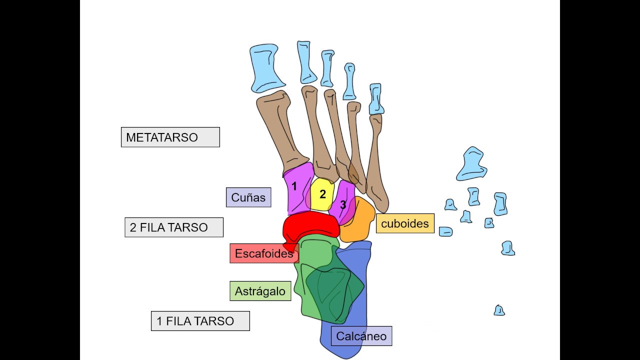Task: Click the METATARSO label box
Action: click(170, 137)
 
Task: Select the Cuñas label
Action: click(248, 197)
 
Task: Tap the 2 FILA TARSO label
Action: click(173, 227)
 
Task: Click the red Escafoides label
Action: click(263, 253)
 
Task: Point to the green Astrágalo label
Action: click(260, 291)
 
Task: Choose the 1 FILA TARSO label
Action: click(200, 321)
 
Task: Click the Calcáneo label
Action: click(361, 336)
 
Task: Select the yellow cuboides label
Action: click(405, 223)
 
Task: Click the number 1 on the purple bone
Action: click(294, 186)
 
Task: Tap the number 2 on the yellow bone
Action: click(322, 194)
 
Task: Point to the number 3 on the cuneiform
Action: click(343, 204)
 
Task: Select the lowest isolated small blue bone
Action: click(499, 310)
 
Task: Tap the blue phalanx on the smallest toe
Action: click(376, 99)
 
